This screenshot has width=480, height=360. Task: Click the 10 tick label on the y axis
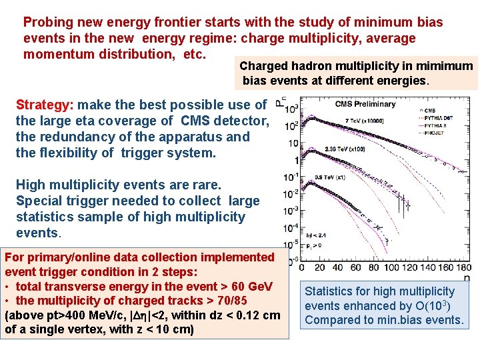pyautogui.click(x=293, y=143)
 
